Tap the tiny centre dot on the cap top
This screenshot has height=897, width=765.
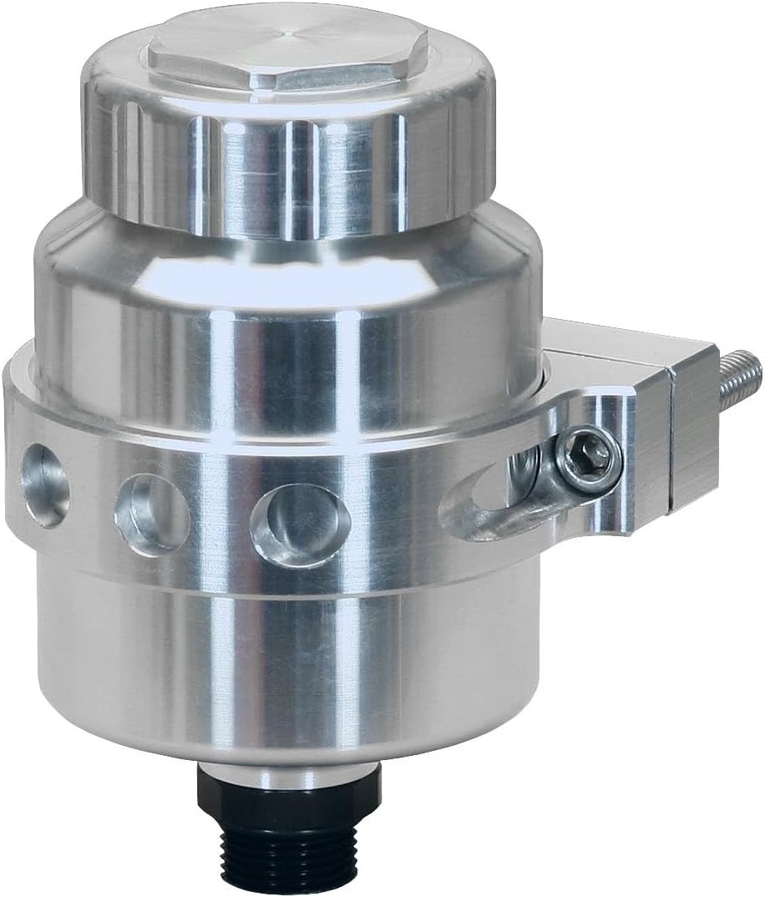point(289,33)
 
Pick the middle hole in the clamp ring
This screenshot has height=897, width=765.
point(150,514)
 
